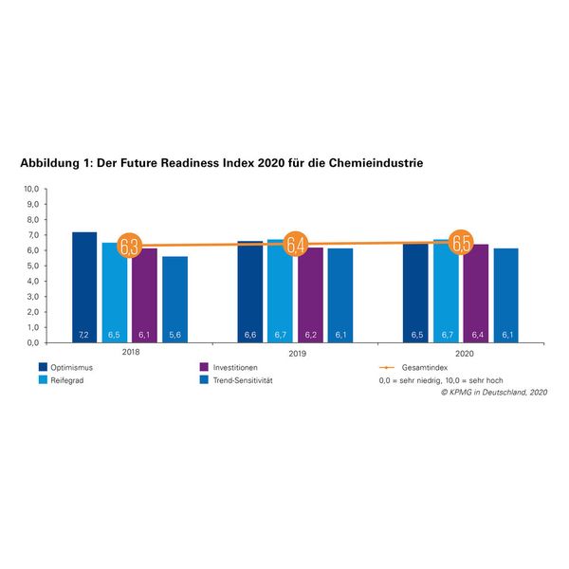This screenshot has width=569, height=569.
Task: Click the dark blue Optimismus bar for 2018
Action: [x=84, y=284]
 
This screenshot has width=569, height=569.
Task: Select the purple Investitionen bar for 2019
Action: [x=310, y=294]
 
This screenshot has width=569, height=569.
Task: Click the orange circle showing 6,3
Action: [x=130, y=247]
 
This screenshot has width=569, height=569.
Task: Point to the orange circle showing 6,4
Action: [x=296, y=245]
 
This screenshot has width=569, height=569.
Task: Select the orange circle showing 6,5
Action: [x=462, y=243]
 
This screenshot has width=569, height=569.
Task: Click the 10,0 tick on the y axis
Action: [x=31, y=189]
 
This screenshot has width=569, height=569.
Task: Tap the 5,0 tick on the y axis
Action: [x=32, y=266]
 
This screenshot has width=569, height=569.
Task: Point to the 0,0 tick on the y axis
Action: [x=32, y=342]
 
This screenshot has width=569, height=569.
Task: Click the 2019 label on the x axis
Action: [x=295, y=353]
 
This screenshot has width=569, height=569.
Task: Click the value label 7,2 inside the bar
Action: [x=84, y=335]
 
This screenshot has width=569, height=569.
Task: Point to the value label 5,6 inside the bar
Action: [x=174, y=335]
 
